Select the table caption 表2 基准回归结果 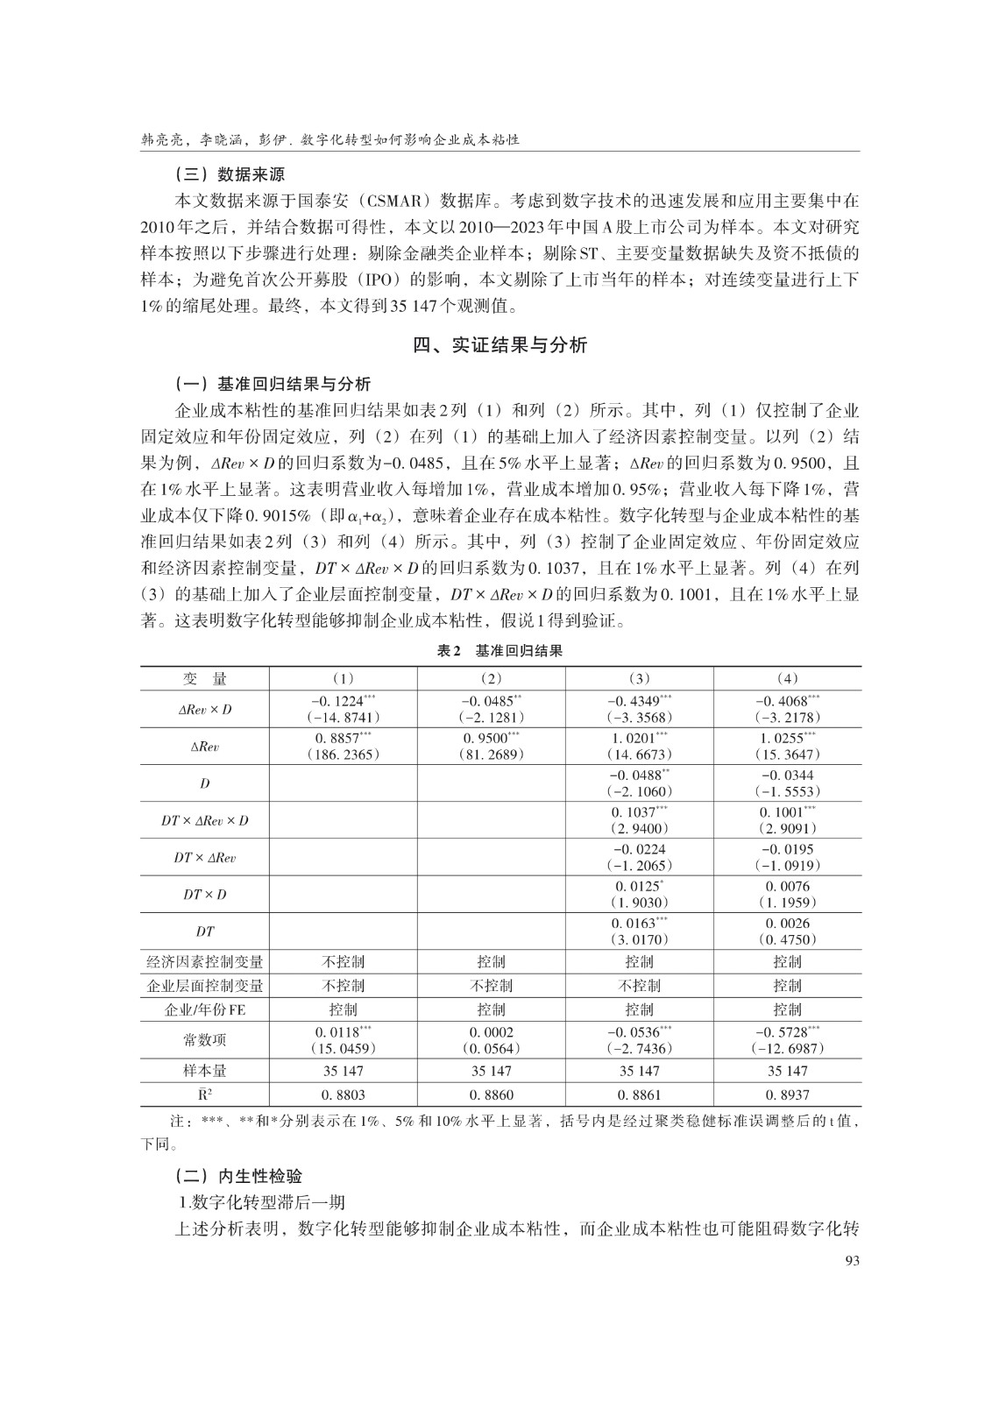499,651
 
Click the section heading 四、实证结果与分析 499,345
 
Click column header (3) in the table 639,679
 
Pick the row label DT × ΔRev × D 204,821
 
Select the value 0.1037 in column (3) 636,812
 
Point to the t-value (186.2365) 344,754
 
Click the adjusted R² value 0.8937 787,1094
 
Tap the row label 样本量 204,1071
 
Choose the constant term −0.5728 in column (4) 783,1032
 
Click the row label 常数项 204,1040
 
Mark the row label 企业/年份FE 204,1009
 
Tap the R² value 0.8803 343,1094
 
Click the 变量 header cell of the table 204,679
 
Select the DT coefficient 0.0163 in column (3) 636,924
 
